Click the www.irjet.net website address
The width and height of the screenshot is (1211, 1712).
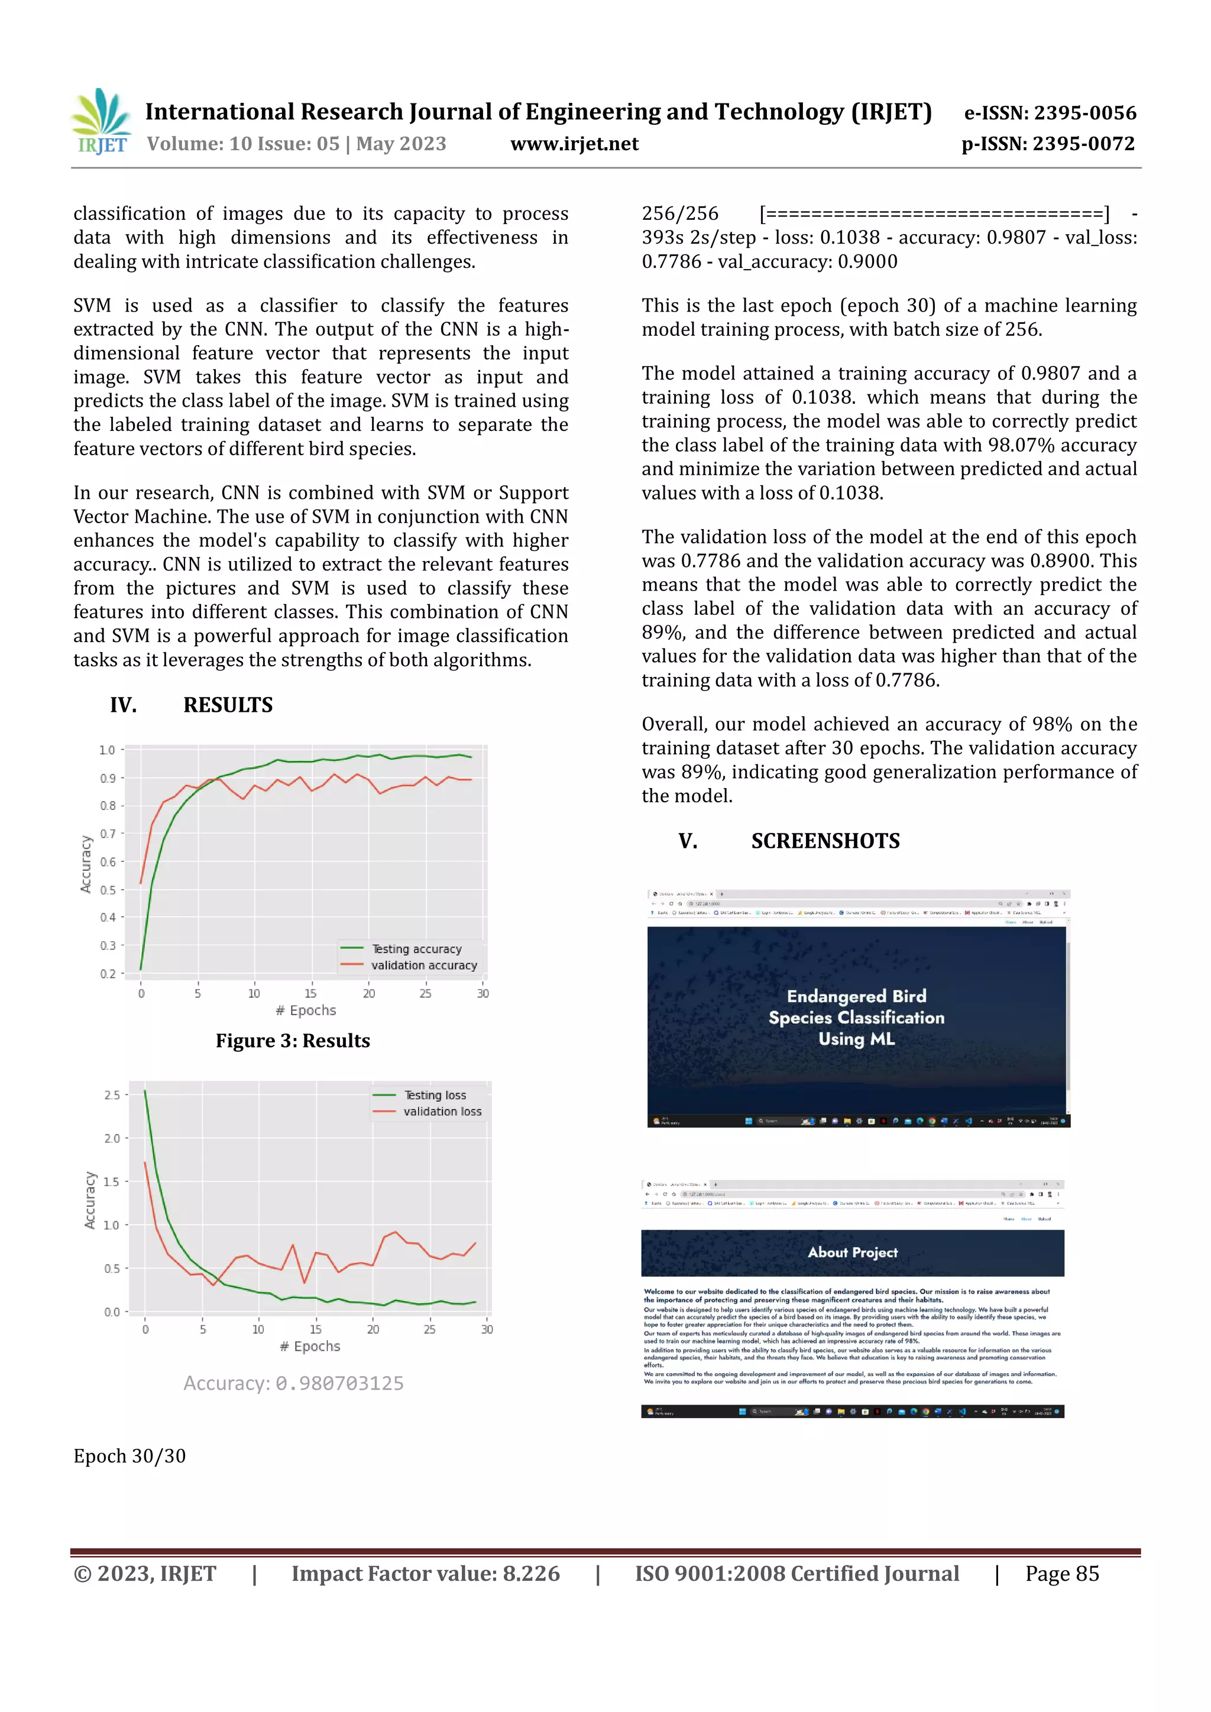click(x=574, y=144)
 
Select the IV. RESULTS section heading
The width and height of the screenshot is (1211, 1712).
click(x=192, y=705)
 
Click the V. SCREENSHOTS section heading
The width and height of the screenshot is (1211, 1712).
click(x=789, y=841)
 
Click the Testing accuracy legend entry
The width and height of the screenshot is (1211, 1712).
click(x=416, y=948)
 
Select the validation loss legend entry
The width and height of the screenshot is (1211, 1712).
click(x=442, y=1111)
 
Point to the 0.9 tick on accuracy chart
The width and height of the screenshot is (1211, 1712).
click(x=108, y=779)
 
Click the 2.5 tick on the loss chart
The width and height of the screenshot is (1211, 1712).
click(x=112, y=1095)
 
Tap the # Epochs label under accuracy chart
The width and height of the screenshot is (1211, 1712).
click(x=306, y=1010)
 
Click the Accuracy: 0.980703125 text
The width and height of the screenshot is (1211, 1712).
click(x=293, y=1383)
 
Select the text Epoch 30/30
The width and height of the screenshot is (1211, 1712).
click(x=129, y=1456)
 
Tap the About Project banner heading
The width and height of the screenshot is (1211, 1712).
click(x=852, y=1253)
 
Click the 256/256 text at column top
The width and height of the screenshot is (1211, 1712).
click(x=679, y=214)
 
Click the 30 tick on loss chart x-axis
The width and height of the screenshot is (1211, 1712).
click(x=487, y=1330)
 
